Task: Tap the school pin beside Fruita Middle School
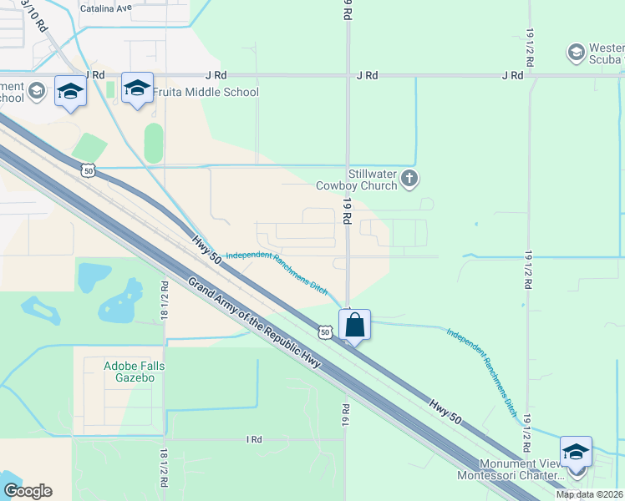(x=137, y=89)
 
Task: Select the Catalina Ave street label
(x=106, y=8)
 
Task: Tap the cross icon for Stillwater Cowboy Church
(x=409, y=177)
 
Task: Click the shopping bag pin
(x=354, y=324)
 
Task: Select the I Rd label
(x=254, y=439)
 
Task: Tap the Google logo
(x=28, y=491)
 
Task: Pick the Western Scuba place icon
(x=575, y=53)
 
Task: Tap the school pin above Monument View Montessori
(x=576, y=452)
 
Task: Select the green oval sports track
(x=153, y=144)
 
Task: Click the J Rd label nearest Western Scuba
(x=512, y=75)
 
